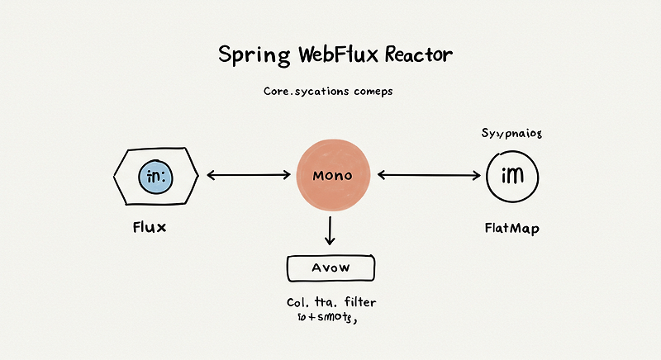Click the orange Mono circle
coord(333,176)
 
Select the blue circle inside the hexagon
coord(155,177)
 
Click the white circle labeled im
coord(512,176)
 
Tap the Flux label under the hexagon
coord(149,227)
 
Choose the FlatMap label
coord(511,228)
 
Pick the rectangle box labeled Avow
coord(330,268)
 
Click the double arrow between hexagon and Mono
coord(247,175)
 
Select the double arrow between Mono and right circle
coord(429,175)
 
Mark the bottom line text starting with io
coord(326,318)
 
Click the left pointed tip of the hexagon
coord(112,176)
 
